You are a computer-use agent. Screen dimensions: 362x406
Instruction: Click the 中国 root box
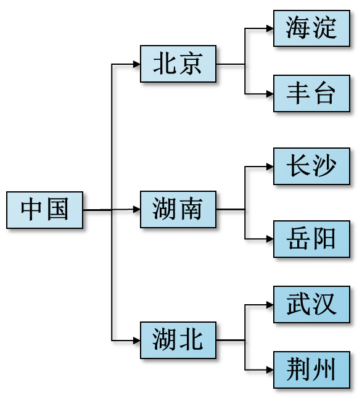tap(45, 210)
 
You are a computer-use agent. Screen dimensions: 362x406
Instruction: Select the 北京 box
tap(178, 64)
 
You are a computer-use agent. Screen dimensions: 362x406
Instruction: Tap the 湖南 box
tap(178, 209)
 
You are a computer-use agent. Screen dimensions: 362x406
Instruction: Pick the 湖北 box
tap(178, 340)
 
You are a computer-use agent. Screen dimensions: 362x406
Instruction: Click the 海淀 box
tap(312, 28)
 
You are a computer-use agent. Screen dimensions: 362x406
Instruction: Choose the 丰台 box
tap(312, 93)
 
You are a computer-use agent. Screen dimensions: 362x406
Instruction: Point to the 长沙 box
tap(312, 166)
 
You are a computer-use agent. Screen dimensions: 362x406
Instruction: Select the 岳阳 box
tap(312, 239)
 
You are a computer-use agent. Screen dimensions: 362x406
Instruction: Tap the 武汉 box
tap(312, 305)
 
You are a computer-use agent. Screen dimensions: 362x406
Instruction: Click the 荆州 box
tap(312, 370)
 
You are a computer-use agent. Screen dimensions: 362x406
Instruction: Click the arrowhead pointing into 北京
tap(137, 64)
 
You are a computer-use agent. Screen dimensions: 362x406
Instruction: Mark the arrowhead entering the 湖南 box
tap(137, 209)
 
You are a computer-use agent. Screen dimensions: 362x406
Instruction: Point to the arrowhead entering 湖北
tap(137, 341)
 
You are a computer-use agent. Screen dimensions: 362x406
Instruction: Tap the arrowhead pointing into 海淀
tap(270, 28)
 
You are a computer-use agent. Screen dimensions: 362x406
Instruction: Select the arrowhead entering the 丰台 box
tap(270, 94)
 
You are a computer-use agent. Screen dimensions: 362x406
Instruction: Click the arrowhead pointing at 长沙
tap(270, 167)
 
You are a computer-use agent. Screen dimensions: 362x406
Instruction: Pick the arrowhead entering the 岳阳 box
tap(270, 239)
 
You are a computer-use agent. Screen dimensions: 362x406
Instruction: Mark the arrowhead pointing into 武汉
tap(270, 305)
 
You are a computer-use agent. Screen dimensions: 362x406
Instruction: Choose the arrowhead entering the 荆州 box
tap(270, 370)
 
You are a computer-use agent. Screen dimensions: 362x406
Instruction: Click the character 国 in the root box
tap(58, 209)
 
